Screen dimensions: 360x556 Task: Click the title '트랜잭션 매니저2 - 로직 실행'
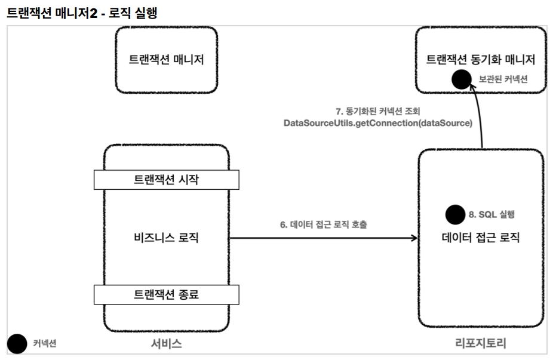point(82,13)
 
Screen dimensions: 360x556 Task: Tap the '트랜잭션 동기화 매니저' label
point(480,59)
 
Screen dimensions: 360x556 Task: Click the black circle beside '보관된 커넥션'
point(461,79)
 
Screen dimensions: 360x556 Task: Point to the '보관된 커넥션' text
point(503,79)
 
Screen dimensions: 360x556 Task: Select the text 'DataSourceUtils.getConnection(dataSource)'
point(378,124)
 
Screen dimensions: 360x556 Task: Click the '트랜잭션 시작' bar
point(167,180)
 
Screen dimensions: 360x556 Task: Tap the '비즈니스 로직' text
point(167,238)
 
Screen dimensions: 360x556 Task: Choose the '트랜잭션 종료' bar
point(167,294)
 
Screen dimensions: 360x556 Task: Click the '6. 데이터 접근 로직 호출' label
point(324,225)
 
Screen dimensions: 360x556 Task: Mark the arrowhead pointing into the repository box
point(413,238)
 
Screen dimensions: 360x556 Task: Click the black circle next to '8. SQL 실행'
point(455,214)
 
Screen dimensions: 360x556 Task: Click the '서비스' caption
point(167,343)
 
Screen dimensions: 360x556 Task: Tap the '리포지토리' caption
point(480,343)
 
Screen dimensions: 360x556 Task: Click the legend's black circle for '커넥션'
point(17,343)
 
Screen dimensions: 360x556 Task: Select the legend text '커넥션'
point(44,343)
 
